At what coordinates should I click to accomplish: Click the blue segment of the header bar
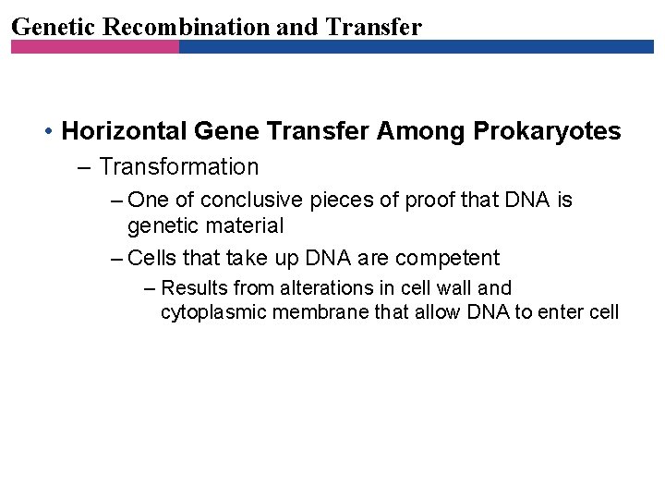coord(416,46)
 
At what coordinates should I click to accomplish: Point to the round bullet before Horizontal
coord(47,132)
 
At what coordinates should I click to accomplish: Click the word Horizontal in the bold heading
coord(124,131)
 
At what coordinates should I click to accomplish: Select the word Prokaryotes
coord(547,131)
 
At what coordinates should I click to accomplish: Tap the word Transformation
coord(178,167)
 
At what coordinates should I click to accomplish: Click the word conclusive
coord(250,200)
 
